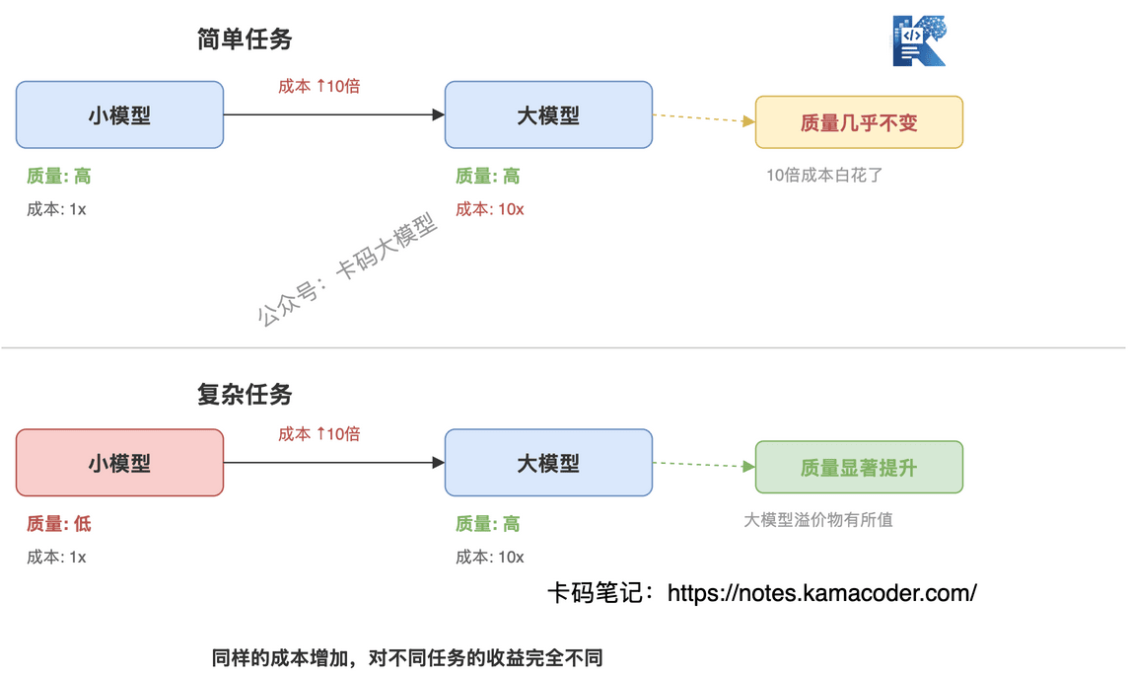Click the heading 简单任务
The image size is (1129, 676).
pyautogui.click(x=245, y=38)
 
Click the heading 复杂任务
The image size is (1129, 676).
pyautogui.click(x=245, y=394)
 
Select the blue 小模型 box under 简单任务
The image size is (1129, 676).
pyautogui.click(x=119, y=114)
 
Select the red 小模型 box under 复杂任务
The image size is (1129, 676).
pyautogui.click(x=119, y=463)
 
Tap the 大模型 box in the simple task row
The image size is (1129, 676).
pyautogui.click(x=548, y=114)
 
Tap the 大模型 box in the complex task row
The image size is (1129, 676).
pyautogui.click(x=548, y=463)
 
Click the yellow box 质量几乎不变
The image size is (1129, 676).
pyautogui.click(x=859, y=122)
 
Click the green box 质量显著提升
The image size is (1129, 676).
pyautogui.click(x=859, y=467)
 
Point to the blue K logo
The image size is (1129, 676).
pyautogui.click(x=920, y=40)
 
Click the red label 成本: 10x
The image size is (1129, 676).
pyautogui.click(x=490, y=209)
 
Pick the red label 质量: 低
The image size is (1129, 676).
pyautogui.click(x=59, y=524)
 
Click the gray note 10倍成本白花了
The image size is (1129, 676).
pyautogui.click(x=824, y=175)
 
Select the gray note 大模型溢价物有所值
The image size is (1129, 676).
pyautogui.click(x=818, y=520)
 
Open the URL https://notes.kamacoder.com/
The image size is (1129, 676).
pyautogui.click(x=822, y=593)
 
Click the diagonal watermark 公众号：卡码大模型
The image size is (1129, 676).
pyautogui.click(x=347, y=268)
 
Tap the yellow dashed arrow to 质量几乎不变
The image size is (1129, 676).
pyautogui.click(x=703, y=118)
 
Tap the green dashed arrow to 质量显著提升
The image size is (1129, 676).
pyautogui.click(x=703, y=465)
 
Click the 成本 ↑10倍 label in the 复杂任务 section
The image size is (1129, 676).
pyautogui.click(x=318, y=434)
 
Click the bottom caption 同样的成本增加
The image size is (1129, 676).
pyautogui.click(x=280, y=658)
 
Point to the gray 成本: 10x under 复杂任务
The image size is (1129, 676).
pyautogui.click(x=490, y=558)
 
